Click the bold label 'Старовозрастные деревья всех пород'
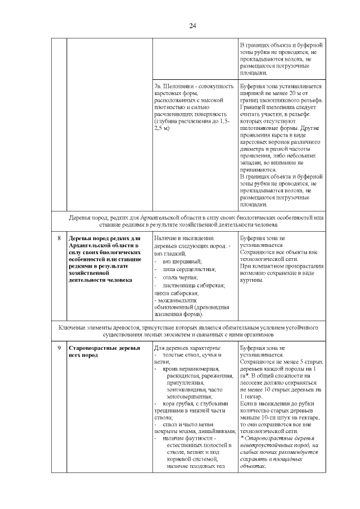(96, 352)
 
